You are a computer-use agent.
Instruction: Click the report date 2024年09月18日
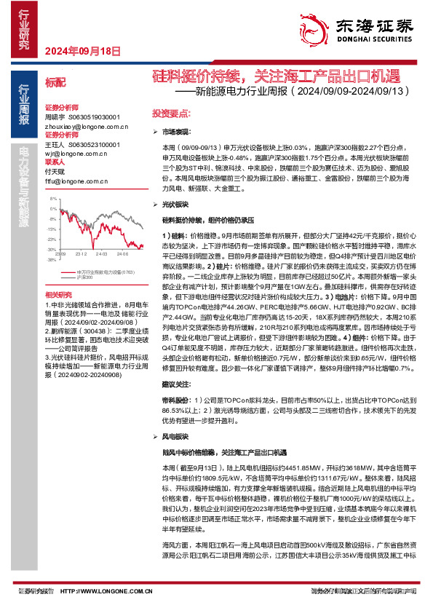[x=82, y=51]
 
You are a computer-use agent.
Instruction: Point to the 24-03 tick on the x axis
[x=100, y=254]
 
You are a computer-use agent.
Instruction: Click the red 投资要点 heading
[x=170, y=114]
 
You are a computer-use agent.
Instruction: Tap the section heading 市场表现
[x=175, y=133]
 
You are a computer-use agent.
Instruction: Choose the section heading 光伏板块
[x=175, y=206]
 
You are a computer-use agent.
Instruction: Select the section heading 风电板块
[x=175, y=437]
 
